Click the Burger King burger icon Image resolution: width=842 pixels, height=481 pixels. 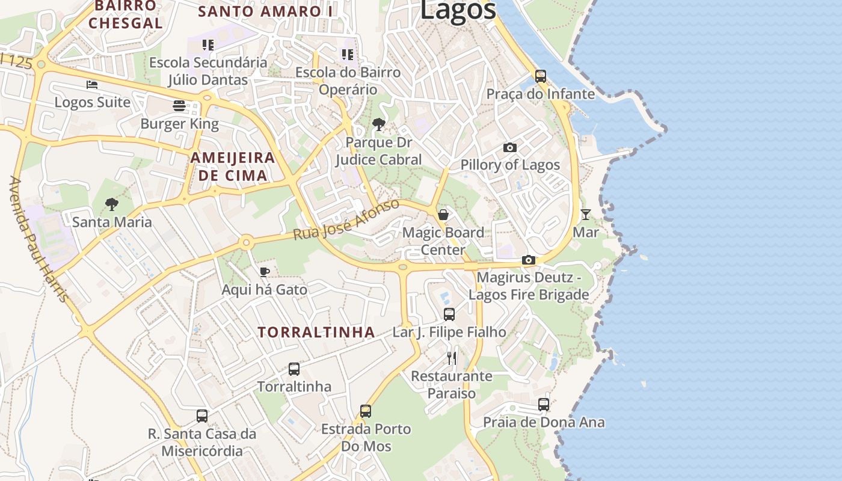(x=179, y=106)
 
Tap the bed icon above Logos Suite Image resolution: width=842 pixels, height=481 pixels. (x=91, y=85)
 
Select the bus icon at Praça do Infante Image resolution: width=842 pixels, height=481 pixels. (x=541, y=76)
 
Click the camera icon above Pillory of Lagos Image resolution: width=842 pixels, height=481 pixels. (x=510, y=147)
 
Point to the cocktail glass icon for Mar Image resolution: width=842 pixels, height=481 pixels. (x=585, y=215)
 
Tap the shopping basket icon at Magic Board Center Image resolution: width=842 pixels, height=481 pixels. (x=443, y=215)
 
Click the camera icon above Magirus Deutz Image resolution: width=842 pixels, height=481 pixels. (x=529, y=260)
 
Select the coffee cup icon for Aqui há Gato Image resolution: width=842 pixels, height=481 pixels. (x=264, y=272)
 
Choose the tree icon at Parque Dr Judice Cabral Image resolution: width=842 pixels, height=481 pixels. (x=379, y=124)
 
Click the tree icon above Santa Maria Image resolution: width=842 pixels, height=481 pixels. (x=112, y=204)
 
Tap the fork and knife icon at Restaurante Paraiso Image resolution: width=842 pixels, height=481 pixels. (x=452, y=358)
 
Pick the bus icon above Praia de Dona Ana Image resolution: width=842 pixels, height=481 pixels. (x=544, y=404)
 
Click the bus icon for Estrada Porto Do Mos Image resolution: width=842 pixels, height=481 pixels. (x=366, y=411)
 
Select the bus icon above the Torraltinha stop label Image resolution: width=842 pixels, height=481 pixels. (x=294, y=369)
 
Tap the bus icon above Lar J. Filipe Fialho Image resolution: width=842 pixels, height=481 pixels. (x=449, y=314)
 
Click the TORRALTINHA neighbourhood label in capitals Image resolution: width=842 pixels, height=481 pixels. (x=316, y=332)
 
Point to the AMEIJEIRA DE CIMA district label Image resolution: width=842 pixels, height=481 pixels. (x=233, y=167)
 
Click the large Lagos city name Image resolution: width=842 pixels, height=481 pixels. (x=458, y=11)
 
